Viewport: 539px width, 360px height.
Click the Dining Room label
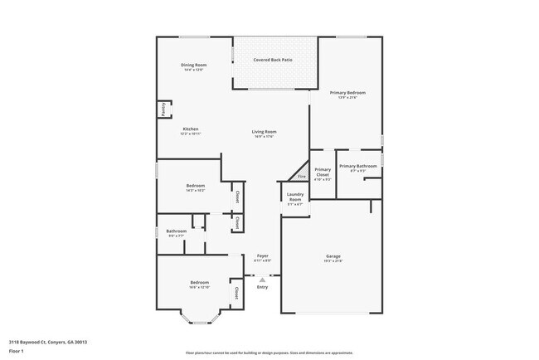point(194,65)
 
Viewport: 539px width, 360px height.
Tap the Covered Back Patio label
point(273,61)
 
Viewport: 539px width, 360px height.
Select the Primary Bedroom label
point(347,93)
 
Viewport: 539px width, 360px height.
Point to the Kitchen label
point(191,129)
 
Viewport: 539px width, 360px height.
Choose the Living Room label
point(265,132)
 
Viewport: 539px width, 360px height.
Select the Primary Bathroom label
point(357,166)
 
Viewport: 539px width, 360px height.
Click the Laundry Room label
point(295,196)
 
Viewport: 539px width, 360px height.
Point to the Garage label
point(333,256)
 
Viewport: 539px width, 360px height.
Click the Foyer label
point(262,255)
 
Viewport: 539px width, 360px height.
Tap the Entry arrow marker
point(262,280)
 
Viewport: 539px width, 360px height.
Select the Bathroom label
point(176,231)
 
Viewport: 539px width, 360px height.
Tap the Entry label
point(262,287)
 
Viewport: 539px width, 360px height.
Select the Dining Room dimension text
point(194,70)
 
